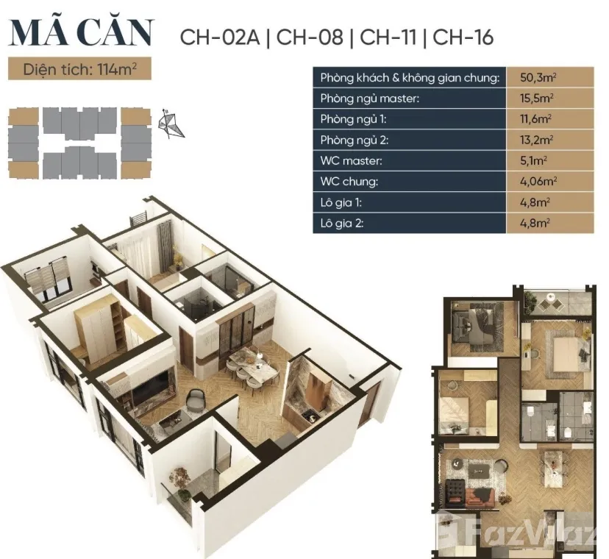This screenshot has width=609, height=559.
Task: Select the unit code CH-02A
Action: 220,38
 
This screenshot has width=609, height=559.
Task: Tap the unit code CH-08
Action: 310,38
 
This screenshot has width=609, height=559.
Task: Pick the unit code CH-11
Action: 388,38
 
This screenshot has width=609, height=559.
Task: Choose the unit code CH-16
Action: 463,38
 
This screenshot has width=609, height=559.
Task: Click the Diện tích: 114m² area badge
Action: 79,69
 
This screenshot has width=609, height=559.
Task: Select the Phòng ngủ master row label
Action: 370,99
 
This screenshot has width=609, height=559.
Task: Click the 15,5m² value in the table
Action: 537,98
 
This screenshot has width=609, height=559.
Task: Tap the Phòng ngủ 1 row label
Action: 354,119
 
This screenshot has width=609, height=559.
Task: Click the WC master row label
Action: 351,160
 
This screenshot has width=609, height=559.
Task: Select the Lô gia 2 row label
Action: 342,223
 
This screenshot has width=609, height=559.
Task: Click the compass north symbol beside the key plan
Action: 171,124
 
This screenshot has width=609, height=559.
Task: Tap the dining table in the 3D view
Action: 252,361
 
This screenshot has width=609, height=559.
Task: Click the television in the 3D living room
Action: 151,386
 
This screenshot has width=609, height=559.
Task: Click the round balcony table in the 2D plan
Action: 550,298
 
